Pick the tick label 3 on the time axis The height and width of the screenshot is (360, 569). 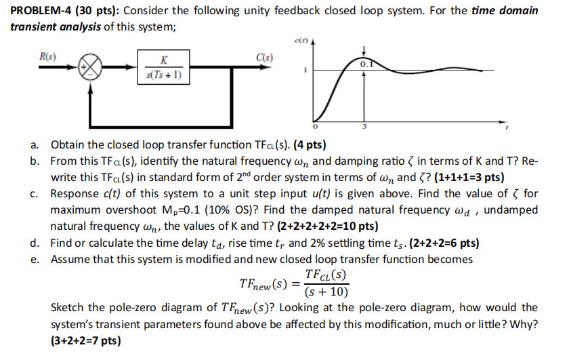tap(365, 128)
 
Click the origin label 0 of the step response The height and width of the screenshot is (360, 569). tap(314, 127)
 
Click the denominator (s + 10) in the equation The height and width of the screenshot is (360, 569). tap(326, 293)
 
